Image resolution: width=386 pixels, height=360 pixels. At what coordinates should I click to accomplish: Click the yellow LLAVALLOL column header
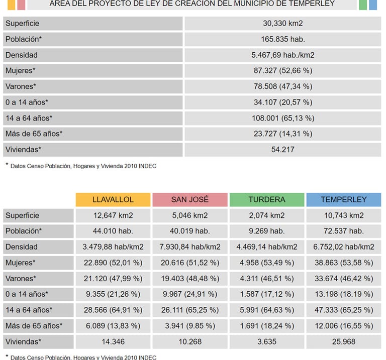[113, 199]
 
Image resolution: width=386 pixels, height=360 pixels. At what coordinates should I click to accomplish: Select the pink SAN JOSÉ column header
[189, 199]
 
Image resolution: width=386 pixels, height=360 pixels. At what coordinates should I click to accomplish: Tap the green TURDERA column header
[266, 199]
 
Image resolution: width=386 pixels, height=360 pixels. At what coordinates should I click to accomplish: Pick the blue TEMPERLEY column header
[344, 199]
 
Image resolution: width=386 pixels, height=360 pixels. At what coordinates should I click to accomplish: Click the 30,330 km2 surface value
[283, 24]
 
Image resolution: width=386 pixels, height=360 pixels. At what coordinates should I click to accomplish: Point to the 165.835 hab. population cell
[283, 39]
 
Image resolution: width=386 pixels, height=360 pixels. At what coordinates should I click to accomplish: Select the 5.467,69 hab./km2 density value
[283, 55]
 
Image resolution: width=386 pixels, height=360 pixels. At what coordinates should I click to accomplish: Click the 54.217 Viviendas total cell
[283, 149]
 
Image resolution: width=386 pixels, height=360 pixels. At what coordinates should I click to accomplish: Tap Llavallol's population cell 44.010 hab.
[113, 231]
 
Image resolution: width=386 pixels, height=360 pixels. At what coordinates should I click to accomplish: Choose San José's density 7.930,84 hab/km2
[189, 247]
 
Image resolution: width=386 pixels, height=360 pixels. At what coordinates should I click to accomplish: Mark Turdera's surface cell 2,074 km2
[266, 215]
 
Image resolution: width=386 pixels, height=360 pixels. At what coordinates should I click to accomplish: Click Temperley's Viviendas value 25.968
[344, 341]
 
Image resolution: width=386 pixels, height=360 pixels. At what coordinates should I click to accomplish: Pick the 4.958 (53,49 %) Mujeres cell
[266, 263]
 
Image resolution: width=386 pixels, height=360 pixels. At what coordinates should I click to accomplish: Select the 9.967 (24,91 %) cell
[189, 294]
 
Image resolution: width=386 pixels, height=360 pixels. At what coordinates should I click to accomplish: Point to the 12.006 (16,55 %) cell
[344, 325]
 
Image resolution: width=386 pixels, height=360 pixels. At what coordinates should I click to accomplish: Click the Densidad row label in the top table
[22, 55]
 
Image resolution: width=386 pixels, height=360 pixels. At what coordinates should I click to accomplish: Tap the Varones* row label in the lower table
[21, 278]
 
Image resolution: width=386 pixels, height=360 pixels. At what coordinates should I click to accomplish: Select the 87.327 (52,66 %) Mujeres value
[283, 71]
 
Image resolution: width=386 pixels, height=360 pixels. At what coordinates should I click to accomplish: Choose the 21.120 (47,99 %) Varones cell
[113, 278]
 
